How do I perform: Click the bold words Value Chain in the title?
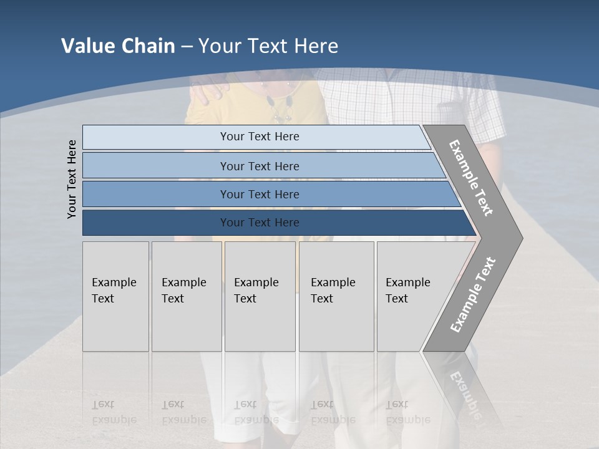click(118, 46)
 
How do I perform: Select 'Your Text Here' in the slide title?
click(268, 46)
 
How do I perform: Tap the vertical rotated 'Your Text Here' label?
click(72, 179)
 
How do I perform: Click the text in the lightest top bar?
click(260, 137)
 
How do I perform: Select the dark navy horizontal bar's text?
click(260, 223)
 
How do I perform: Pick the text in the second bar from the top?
click(260, 167)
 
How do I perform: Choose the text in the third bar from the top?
click(260, 195)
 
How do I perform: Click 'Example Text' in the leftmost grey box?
click(114, 291)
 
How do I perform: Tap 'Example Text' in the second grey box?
click(183, 291)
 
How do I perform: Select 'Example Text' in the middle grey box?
click(256, 291)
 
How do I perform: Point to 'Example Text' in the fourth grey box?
click(333, 291)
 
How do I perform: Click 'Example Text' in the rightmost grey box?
click(407, 291)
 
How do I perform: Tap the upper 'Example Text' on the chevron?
click(471, 178)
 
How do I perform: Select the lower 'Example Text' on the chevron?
click(472, 295)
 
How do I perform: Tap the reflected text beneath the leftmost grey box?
click(114, 412)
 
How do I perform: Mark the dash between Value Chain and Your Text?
click(187, 47)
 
